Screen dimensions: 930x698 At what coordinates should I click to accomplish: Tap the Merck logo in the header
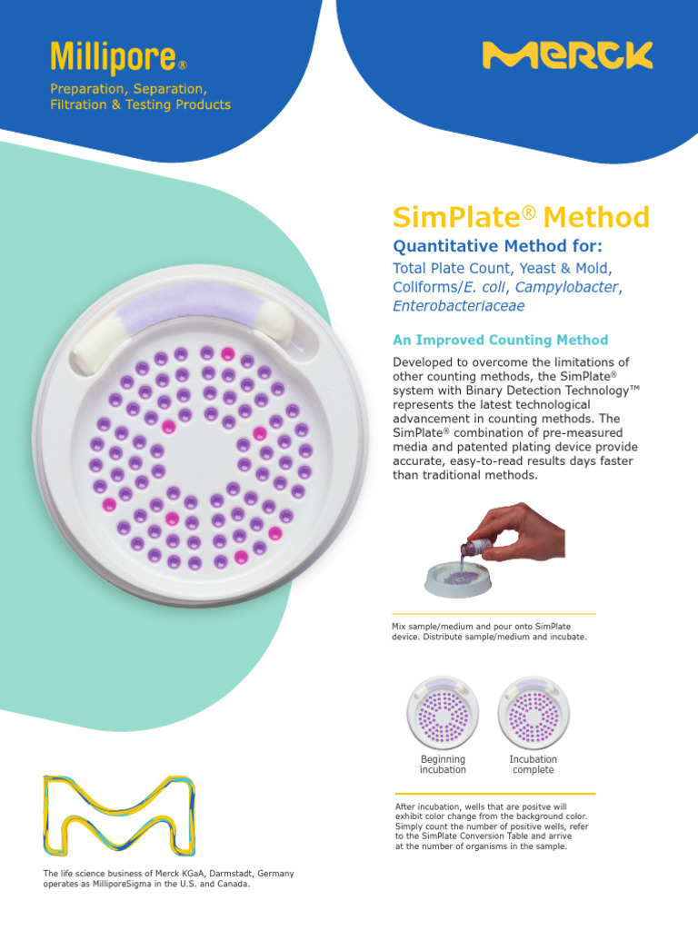click(x=567, y=55)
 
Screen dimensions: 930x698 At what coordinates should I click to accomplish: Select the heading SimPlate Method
click(x=521, y=218)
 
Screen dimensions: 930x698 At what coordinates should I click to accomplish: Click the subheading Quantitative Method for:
click(x=497, y=246)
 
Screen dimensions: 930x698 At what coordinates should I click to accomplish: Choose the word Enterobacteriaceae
click(x=458, y=306)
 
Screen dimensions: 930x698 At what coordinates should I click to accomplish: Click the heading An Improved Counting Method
click(x=500, y=341)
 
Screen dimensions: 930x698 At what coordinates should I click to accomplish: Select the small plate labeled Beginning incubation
click(x=443, y=713)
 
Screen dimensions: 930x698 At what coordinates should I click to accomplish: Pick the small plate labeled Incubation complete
click(x=533, y=713)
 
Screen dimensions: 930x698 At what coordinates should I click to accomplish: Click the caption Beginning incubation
click(x=443, y=765)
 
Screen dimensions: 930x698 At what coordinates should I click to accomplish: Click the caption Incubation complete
click(x=533, y=765)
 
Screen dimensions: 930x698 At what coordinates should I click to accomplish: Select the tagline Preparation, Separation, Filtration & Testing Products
click(x=140, y=97)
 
